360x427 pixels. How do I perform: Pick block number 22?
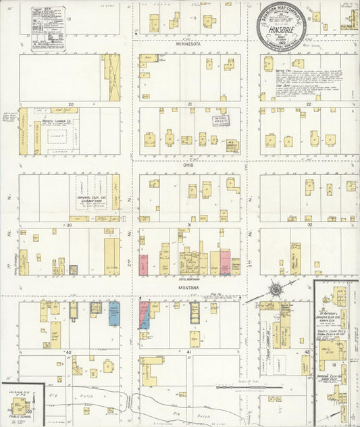tap(309, 104)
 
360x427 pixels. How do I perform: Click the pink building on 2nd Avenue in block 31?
tap(143, 263)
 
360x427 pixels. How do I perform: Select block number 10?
tap(69, 20)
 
